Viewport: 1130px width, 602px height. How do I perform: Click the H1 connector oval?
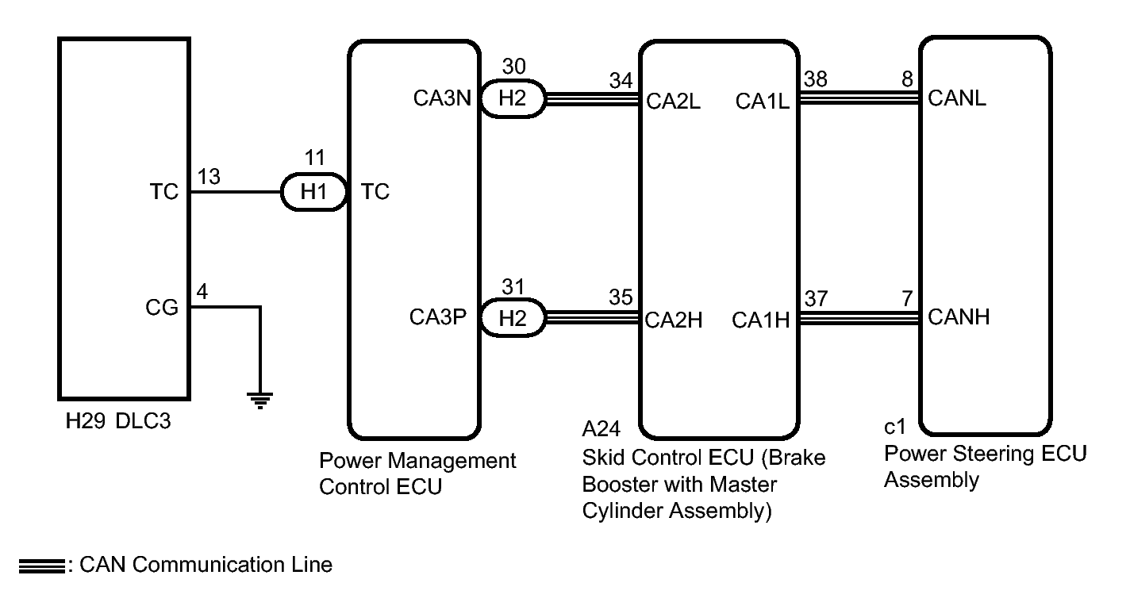[x=313, y=192]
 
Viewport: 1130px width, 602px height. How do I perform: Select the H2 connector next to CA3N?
[x=513, y=98]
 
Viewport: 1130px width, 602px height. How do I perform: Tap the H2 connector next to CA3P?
[x=513, y=318]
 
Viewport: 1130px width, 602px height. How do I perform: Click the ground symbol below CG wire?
[x=259, y=401]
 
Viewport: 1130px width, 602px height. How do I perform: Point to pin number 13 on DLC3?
[x=209, y=177]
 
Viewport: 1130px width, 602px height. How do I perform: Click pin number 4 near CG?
[x=202, y=291]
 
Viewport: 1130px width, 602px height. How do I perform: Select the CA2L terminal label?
[x=674, y=102]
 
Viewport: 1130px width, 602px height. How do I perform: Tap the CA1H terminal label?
[x=761, y=320]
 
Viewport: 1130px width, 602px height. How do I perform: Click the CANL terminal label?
[x=957, y=98]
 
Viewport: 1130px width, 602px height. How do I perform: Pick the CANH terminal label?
[x=959, y=317]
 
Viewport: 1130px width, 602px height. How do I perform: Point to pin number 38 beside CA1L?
[x=816, y=79]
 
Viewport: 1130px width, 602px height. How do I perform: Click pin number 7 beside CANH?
[x=907, y=299]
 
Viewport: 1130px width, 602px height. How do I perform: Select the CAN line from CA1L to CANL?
[x=859, y=98]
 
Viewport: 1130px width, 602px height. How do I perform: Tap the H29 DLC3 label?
[x=118, y=420]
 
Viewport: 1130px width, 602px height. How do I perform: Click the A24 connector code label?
[x=601, y=429]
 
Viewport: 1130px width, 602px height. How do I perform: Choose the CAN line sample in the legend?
[x=42, y=566]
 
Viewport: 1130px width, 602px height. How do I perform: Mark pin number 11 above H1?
[x=315, y=158]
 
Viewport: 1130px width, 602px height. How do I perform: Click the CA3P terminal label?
[x=438, y=317]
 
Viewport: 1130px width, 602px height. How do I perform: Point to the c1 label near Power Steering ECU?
[x=895, y=427]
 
